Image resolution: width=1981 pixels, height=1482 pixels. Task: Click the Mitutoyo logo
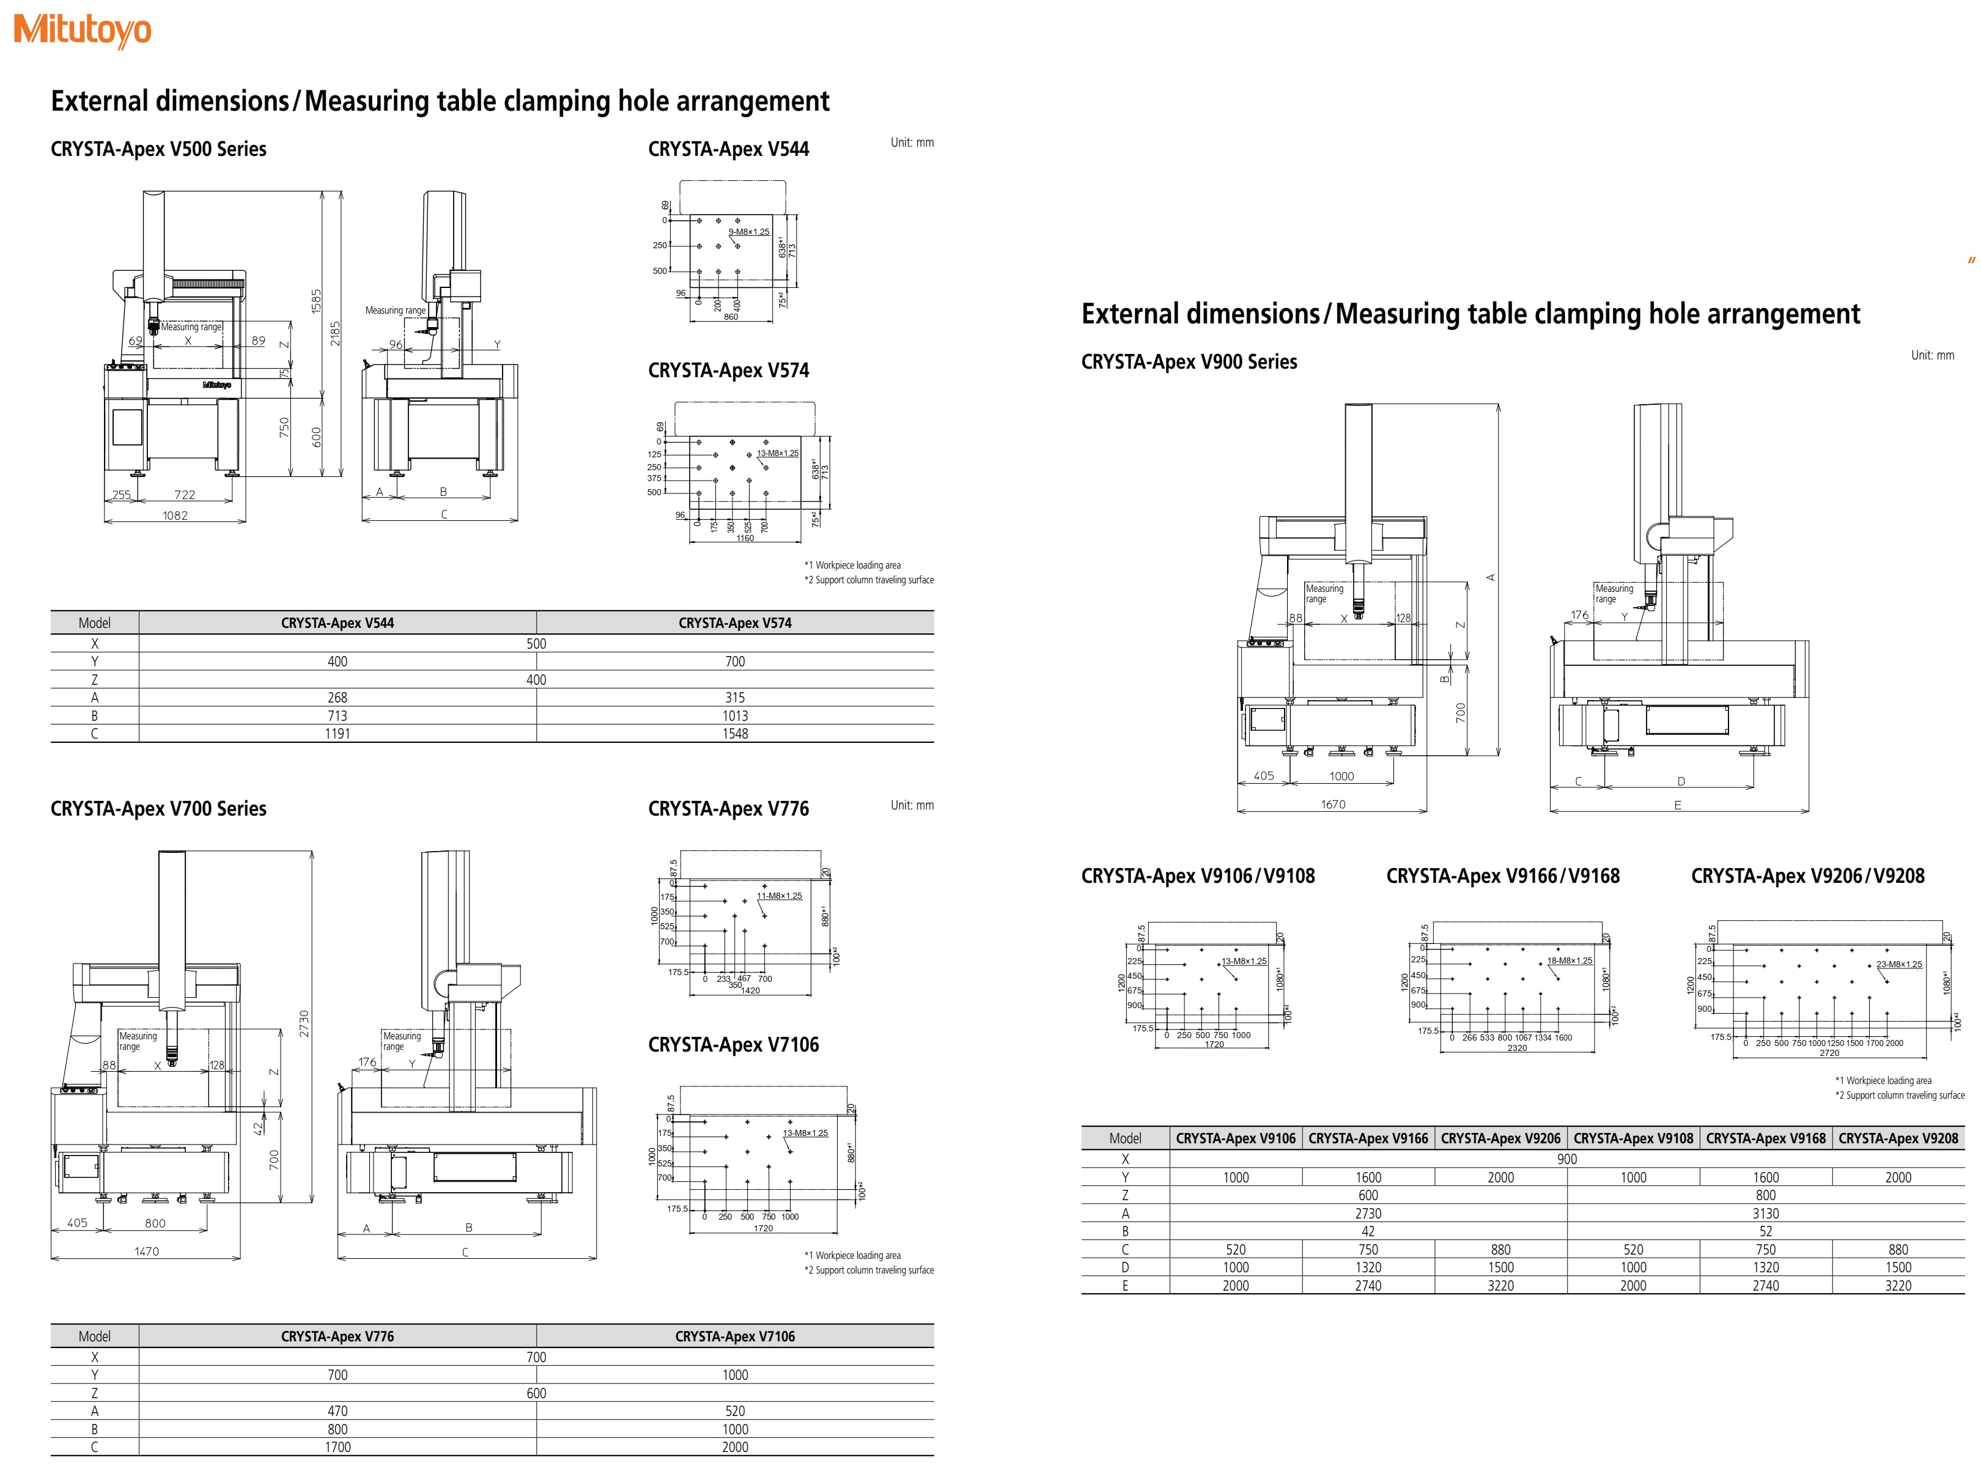click(x=83, y=31)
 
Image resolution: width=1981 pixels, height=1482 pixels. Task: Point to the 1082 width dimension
click(x=175, y=516)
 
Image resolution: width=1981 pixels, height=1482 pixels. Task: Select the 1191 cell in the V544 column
click(x=337, y=734)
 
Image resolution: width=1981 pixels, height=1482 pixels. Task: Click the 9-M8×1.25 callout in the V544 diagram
click(x=749, y=232)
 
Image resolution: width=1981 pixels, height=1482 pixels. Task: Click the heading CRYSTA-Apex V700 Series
click(x=158, y=809)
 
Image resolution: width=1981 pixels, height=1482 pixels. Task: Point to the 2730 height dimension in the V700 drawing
click(x=304, y=1023)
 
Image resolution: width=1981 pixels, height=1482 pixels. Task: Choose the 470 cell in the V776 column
click(x=337, y=1411)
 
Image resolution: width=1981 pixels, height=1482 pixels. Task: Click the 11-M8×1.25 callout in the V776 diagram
click(x=779, y=896)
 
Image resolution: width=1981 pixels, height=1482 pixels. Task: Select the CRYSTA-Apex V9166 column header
click(x=1368, y=1139)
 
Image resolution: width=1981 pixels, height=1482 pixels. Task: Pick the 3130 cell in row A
click(x=1765, y=1214)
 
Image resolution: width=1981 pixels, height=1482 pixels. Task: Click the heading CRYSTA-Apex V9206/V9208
click(x=1807, y=876)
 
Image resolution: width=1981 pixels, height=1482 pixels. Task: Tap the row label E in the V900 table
click(x=1125, y=1286)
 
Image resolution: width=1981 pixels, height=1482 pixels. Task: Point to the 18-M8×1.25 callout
click(x=1570, y=961)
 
